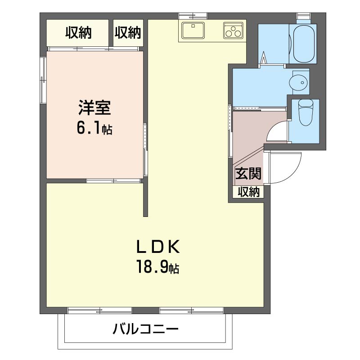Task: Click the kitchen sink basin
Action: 193,30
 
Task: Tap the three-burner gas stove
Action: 233,30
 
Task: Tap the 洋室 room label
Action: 94,108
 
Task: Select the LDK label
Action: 158,247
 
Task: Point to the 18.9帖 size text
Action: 158,266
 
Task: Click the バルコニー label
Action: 145,329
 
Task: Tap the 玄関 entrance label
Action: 248,173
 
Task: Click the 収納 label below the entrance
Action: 248,192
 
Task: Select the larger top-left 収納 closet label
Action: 78,33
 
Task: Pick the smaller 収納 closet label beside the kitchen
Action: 128,33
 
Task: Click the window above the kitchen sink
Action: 193,16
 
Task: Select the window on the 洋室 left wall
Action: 43,80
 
